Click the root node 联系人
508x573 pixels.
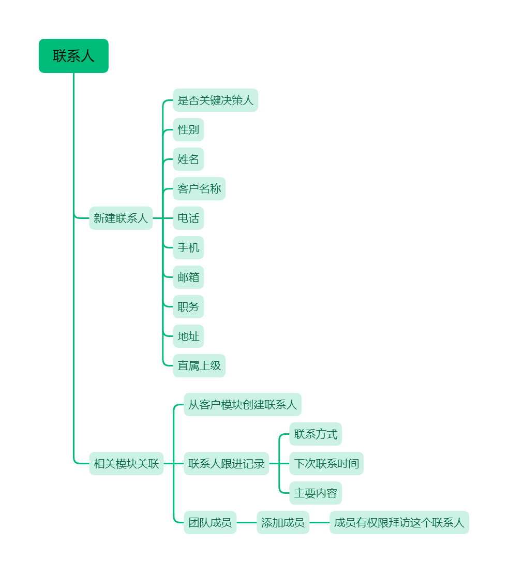[73, 56]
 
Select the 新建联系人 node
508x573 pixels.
[121, 218]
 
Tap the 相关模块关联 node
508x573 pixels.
[126, 463]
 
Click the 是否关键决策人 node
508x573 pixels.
[215, 100]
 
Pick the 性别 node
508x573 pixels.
[188, 129]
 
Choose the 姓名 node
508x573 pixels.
[188, 159]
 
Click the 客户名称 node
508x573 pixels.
[199, 188]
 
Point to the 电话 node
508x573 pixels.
[188, 218]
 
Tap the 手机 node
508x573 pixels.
[188, 247]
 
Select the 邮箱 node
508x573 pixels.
[188, 277]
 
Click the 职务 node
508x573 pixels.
[188, 306]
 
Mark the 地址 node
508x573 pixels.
[188, 336]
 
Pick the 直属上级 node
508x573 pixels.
[199, 365]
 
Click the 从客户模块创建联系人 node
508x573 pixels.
[243, 404]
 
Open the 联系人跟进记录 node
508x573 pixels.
[227, 463]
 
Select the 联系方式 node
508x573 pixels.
[316, 434]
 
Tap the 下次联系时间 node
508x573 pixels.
[326, 463]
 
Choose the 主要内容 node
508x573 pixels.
[316, 493]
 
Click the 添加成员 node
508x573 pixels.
[283, 522]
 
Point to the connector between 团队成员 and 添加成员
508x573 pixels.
[247, 522]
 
